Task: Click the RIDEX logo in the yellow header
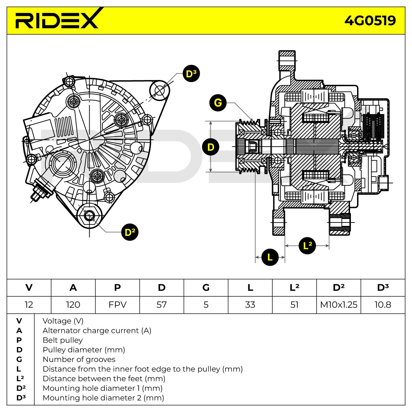click(58, 19)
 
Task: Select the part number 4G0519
click(370, 21)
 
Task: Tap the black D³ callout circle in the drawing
click(191, 73)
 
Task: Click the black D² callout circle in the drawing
click(130, 232)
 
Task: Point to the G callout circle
click(218, 103)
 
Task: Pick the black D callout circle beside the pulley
click(210, 147)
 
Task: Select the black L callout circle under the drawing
click(270, 257)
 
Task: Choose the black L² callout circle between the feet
click(307, 245)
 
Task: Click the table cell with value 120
click(73, 305)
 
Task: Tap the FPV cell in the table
click(117, 305)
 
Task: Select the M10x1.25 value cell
click(339, 305)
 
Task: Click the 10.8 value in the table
click(383, 305)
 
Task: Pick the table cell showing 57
click(162, 305)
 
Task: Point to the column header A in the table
click(73, 288)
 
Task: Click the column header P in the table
click(117, 288)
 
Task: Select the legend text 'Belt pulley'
click(62, 340)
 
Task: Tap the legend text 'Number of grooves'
click(79, 359)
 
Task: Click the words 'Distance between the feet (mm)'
click(104, 379)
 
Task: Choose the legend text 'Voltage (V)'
click(63, 321)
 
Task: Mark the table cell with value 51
click(294, 305)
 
